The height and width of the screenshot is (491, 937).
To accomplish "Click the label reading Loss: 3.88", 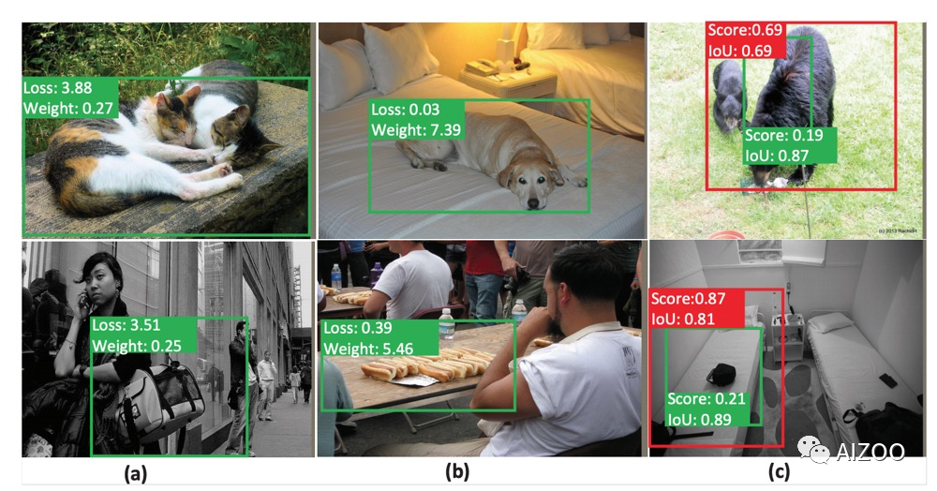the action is pyautogui.click(x=57, y=88).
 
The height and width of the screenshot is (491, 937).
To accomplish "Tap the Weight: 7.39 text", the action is pyautogui.click(x=416, y=130).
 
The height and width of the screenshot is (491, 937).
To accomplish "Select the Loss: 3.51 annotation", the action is pyautogui.click(x=126, y=325).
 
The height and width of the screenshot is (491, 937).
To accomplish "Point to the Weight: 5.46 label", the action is pyautogui.click(x=368, y=349).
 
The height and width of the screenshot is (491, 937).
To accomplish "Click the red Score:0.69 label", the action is pyautogui.click(x=745, y=30).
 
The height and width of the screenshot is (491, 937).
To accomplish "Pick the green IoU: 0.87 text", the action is pyautogui.click(x=776, y=156).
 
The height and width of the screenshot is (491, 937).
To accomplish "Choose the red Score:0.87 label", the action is pyautogui.click(x=688, y=298).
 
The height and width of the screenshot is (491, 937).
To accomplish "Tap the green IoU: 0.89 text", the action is pyautogui.click(x=699, y=420).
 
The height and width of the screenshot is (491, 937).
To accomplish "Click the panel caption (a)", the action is pyautogui.click(x=135, y=474).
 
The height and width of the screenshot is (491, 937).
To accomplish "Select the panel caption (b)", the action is pyautogui.click(x=457, y=472).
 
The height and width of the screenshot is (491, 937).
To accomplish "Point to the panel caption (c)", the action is pyautogui.click(x=778, y=472).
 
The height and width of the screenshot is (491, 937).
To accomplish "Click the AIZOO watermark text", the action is pyautogui.click(x=870, y=453).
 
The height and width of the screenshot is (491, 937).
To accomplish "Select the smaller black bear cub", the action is pyautogui.click(x=728, y=95).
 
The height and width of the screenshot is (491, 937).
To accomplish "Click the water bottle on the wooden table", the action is pyautogui.click(x=446, y=324).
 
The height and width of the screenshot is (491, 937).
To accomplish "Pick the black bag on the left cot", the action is pyautogui.click(x=721, y=375).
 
